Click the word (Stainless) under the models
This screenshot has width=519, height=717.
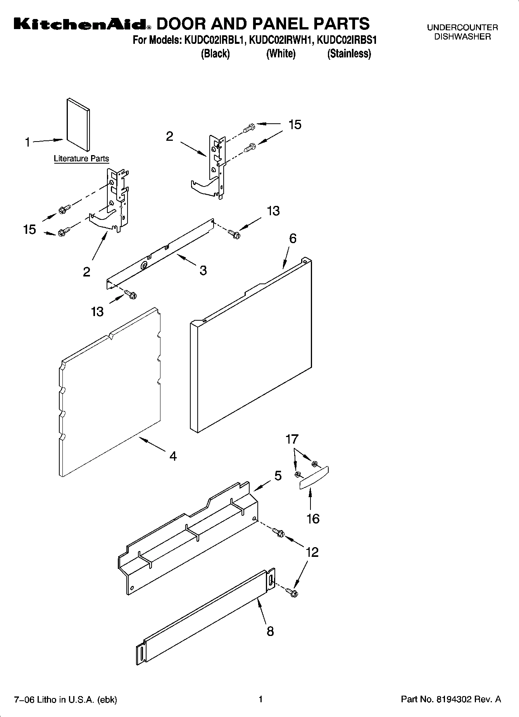point(349,54)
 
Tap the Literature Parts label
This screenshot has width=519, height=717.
point(81,159)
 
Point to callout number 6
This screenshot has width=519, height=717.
point(293,238)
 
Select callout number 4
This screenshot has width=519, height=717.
point(173,456)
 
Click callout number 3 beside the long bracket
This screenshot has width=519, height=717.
point(203,270)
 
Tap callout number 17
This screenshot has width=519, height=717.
point(292,439)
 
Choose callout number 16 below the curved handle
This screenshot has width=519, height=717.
point(313,518)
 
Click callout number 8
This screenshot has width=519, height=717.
point(270,631)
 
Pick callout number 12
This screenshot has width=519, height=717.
point(312,552)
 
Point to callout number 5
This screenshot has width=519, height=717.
point(278,476)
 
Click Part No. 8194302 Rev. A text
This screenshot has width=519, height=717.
point(451,700)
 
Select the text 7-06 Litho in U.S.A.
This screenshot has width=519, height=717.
point(66,700)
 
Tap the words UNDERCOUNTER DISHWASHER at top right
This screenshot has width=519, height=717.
point(462,32)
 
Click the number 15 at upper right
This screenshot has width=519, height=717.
point(295,124)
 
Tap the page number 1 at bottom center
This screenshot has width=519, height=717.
point(261,699)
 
